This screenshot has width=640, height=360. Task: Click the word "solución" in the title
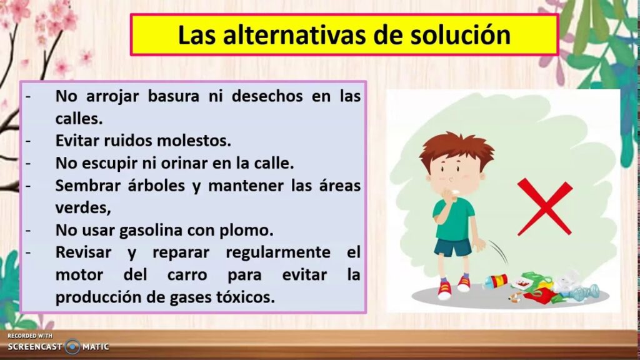click(461, 35)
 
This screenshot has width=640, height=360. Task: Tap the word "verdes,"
click(83, 208)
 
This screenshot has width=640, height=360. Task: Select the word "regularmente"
click(278, 252)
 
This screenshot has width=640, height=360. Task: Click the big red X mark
click(545, 207)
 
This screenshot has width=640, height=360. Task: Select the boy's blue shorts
click(453, 247)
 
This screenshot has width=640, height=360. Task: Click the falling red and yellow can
click(496, 282)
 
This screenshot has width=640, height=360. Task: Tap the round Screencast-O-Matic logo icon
click(72, 347)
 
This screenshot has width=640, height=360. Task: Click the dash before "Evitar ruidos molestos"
click(28, 141)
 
